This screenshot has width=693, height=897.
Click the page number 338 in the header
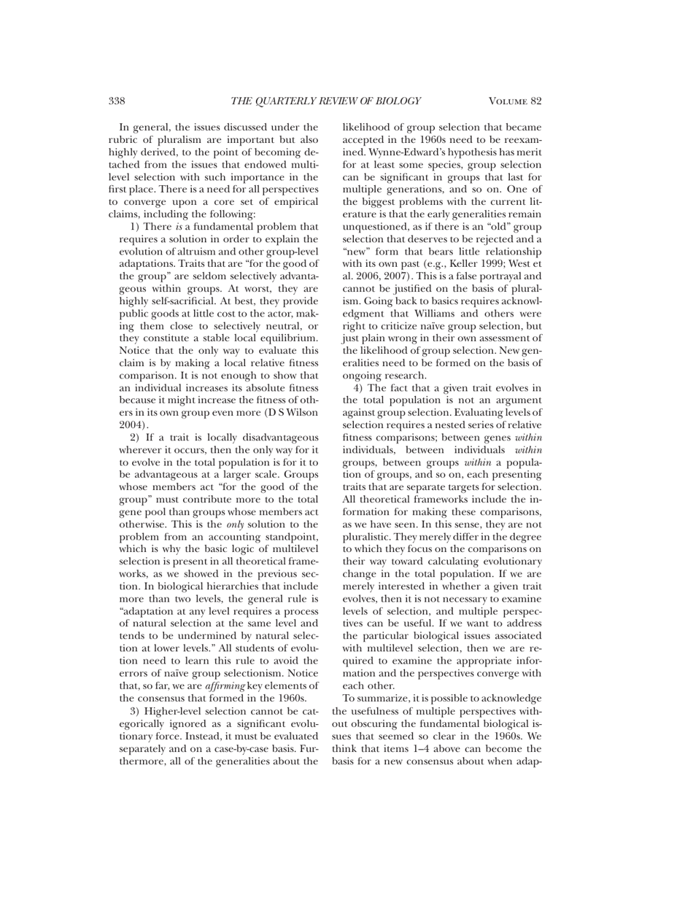[119, 101]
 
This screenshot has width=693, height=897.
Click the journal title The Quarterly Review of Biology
[326, 101]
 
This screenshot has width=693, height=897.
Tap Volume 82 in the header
[516, 101]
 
